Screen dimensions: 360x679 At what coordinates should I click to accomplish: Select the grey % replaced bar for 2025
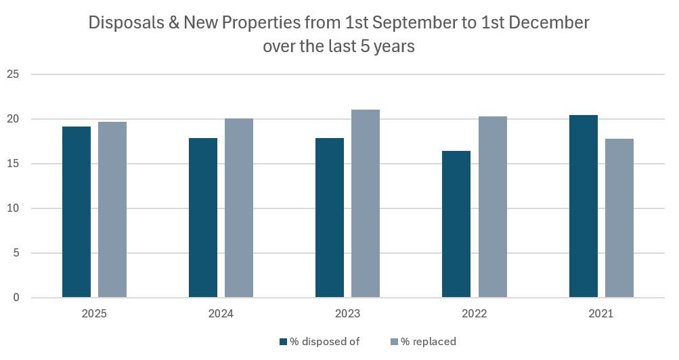click(112, 210)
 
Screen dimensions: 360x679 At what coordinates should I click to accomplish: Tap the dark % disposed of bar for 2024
click(203, 217)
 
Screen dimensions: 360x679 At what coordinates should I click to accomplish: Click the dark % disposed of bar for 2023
click(330, 217)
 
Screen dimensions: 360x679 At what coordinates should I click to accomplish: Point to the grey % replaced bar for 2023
click(366, 204)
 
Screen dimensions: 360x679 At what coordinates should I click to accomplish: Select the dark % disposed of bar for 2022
click(456, 224)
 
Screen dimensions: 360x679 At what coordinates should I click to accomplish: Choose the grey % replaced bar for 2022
click(493, 207)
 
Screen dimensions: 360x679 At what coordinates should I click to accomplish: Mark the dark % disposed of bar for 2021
click(584, 206)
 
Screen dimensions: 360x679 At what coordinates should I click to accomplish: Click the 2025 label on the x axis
click(94, 314)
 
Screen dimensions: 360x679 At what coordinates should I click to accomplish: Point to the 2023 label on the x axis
click(347, 314)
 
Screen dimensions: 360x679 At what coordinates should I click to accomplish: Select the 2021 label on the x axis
click(601, 314)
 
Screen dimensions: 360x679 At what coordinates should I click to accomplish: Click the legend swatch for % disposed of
click(283, 342)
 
